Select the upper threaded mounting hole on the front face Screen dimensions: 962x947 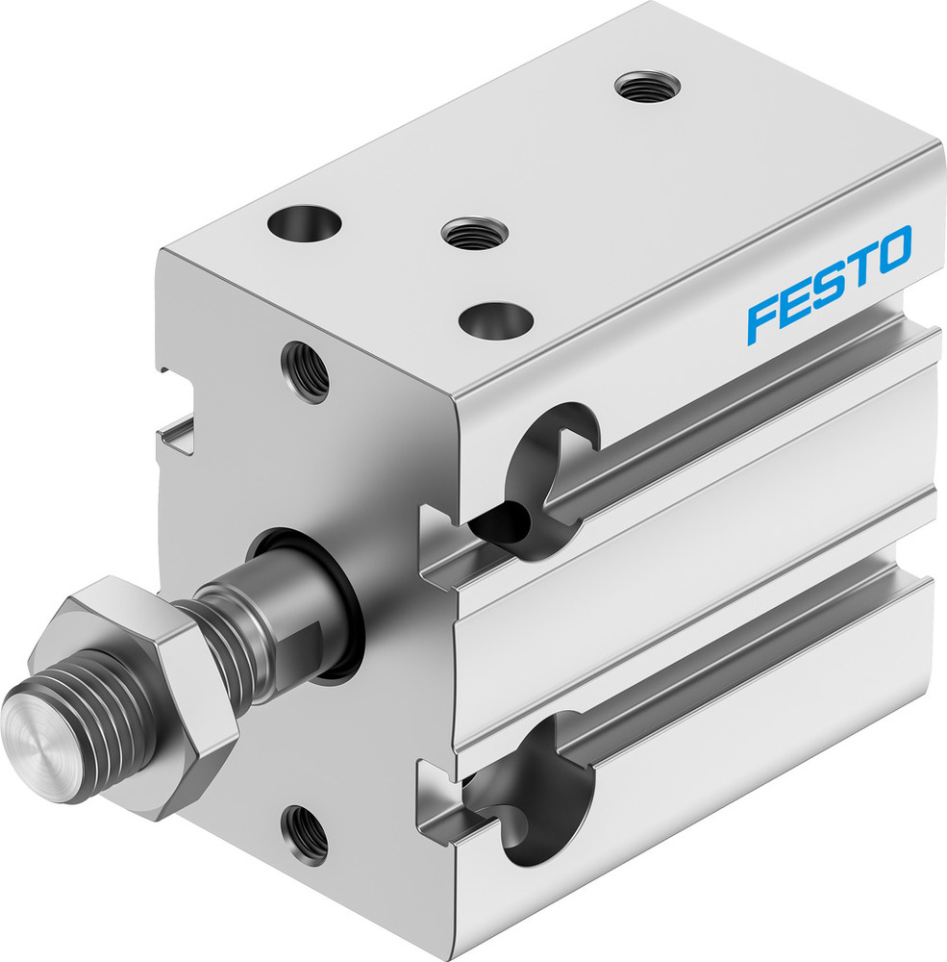click(305, 371)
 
